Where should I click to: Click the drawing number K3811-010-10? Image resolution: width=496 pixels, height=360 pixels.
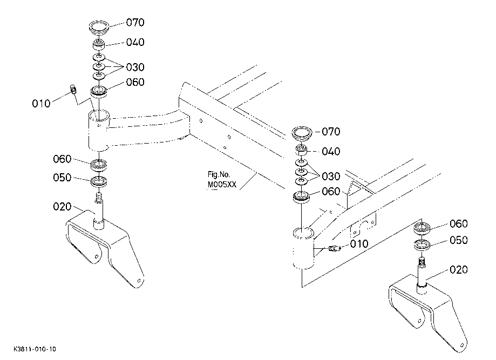pyautogui.click(x=35, y=349)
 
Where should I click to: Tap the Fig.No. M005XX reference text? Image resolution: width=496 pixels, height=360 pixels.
pyautogui.click(x=222, y=179)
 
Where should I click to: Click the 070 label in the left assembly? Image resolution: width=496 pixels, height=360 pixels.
pyautogui.click(x=135, y=23)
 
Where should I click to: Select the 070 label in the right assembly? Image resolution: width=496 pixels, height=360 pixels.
pyautogui.click(x=331, y=132)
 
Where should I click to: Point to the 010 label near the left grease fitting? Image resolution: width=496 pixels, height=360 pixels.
pyautogui.click(x=41, y=104)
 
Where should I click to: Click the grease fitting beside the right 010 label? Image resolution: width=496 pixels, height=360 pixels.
pyautogui.click(x=334, y=249)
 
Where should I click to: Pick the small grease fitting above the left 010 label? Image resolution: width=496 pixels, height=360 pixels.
pyautogui.click(x=73, y=89)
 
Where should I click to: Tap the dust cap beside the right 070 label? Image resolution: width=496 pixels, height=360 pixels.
pyautogui.click(x=302, y=133)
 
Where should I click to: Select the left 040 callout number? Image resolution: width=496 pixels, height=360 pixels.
pyautogui.click(x=135, y=42)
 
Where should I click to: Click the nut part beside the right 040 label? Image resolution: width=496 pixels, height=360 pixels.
pyautogui.click(x=302, y=150)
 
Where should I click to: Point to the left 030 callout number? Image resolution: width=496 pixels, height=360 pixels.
pyautogui.click(x=135, y=67)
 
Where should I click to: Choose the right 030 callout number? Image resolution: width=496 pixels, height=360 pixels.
pyautogui.click(x=331, y=176)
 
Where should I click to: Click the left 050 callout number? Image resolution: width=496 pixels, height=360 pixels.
pyautogui.click(x=62, y=178)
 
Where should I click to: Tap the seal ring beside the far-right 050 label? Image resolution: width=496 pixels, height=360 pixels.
pyautogui.click(x=422, y=245)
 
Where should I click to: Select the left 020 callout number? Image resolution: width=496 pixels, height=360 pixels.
pyautogui.click(x=62, y=207)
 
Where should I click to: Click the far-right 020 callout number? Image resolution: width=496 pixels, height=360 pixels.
pyautogui.click(x=459, y=269)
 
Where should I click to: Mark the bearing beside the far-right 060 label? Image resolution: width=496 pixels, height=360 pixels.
pyautogui.click(x=422, y=228)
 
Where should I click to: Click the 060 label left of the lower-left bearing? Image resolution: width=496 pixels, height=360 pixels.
pyautogui.click(x=62, y=159)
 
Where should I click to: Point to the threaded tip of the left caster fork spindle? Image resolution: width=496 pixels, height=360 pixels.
pyautogui.click(x=99, y=198)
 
